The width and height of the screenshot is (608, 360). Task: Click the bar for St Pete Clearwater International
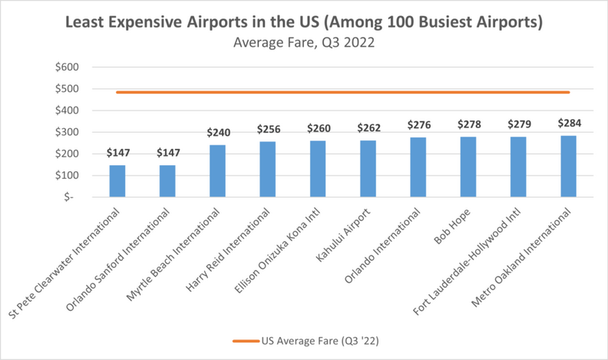click(117, 180)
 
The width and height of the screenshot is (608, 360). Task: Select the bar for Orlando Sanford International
click(167, 180)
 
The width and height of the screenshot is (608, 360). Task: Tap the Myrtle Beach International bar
click(217, 170)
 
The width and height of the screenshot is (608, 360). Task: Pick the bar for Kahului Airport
click(368, 168)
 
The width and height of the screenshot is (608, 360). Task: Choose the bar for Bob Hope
click(468, 167)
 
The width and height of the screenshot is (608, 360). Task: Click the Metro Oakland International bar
click(568, 166)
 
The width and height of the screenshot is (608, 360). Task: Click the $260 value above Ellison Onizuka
click(318, 129)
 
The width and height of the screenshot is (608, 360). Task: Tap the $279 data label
click(518, 124)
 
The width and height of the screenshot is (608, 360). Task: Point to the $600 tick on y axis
click(68, 67)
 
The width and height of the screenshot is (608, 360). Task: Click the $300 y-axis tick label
click(68, 132)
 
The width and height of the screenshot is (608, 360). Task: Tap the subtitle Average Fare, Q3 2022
click(304, 43)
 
